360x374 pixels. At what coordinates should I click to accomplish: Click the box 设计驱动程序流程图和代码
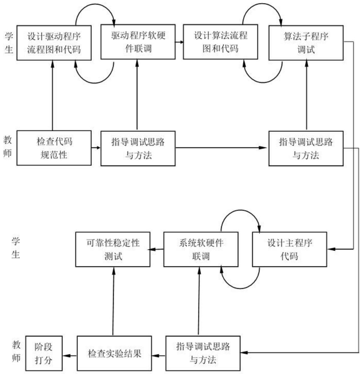[x=54, y=43]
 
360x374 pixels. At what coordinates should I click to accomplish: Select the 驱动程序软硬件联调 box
[x=138, y=42]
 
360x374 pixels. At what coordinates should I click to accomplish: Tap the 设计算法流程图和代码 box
[x=220, y=42]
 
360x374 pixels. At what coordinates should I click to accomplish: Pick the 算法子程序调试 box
[x=306, y=43]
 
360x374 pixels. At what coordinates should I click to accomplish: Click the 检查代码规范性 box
[x=54, y=148]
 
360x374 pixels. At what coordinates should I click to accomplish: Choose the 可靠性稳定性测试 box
[x=113, y=249]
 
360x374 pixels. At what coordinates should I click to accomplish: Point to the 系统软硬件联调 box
[x=201, y=249]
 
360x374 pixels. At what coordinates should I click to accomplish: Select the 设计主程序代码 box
[x=289, y=249]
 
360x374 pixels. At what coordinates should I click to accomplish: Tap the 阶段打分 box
[x=44, y=353]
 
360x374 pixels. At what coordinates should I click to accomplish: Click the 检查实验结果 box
[x=114, y=353]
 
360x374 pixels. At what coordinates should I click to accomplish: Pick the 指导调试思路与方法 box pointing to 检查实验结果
[x=203, y=353]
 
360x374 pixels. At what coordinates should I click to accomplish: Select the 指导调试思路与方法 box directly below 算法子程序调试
[x=306, y=148]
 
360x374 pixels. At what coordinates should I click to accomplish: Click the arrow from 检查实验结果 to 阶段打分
[x=70, y=355]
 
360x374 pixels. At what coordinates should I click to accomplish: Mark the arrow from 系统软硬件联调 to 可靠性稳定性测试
[x=157, y=249]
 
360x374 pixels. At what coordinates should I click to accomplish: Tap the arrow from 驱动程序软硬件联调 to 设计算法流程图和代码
[x=179, y=42]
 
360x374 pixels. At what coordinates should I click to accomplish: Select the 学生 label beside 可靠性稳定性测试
[x=16, y=248]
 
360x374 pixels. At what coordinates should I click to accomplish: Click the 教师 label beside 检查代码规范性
[x=8, y=146]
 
